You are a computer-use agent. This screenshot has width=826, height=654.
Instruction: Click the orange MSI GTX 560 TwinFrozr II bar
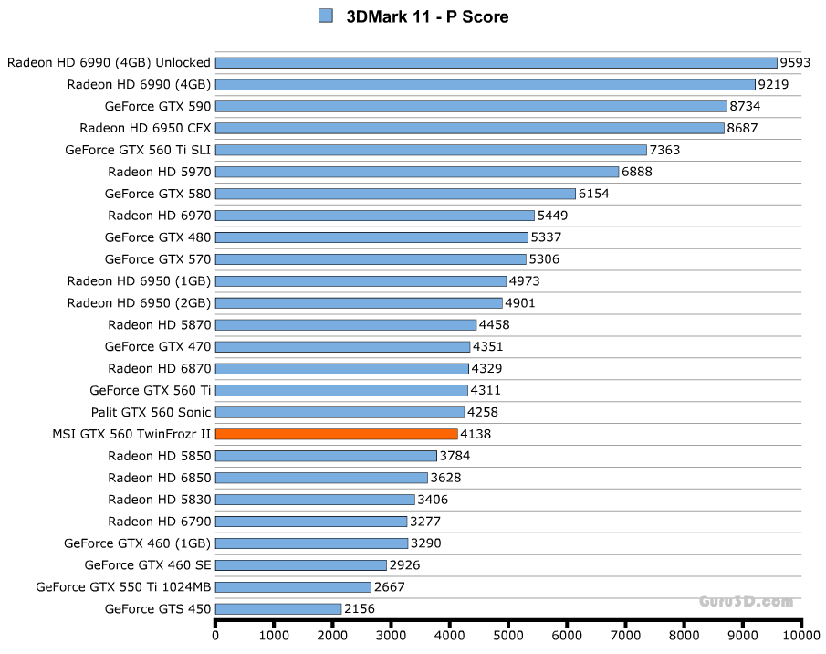tap(336, 434)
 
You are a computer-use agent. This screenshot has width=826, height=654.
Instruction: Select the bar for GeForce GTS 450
tap(278, 608)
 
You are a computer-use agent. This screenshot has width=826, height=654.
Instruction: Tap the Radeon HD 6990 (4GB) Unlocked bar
tap(496, 63)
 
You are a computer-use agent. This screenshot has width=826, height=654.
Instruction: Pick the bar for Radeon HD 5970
tap(417, 172)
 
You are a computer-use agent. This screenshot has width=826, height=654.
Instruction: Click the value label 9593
tap(796, 63)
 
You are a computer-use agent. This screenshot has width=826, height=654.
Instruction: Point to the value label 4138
tap(476, 434)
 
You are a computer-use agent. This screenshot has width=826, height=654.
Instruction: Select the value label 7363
tap(664, 150)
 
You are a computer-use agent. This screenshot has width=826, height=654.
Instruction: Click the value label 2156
tap(360, 608)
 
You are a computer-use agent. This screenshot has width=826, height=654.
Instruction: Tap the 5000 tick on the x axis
tap(508, 633)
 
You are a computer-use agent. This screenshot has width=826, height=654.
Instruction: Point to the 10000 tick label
tap(801, 633)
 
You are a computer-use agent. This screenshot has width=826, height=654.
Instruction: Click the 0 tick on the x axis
tap(215, 633)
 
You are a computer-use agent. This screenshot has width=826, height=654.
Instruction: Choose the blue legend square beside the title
tap(326, 16)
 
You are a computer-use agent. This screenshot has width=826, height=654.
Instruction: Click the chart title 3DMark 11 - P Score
tap(427, 16)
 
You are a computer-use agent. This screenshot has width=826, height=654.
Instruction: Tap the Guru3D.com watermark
tap(746, 601)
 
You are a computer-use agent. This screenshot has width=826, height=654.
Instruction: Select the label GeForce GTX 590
tap(158, 106)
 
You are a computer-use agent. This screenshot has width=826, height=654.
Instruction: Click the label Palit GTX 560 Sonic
tap(151, 412)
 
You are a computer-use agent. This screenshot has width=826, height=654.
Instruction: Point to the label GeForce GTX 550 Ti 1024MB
tap(123, 586)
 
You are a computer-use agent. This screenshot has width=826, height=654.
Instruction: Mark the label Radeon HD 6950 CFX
tap(145, 128)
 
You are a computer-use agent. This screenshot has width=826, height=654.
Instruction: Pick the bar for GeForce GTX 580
tap(395, 194)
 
